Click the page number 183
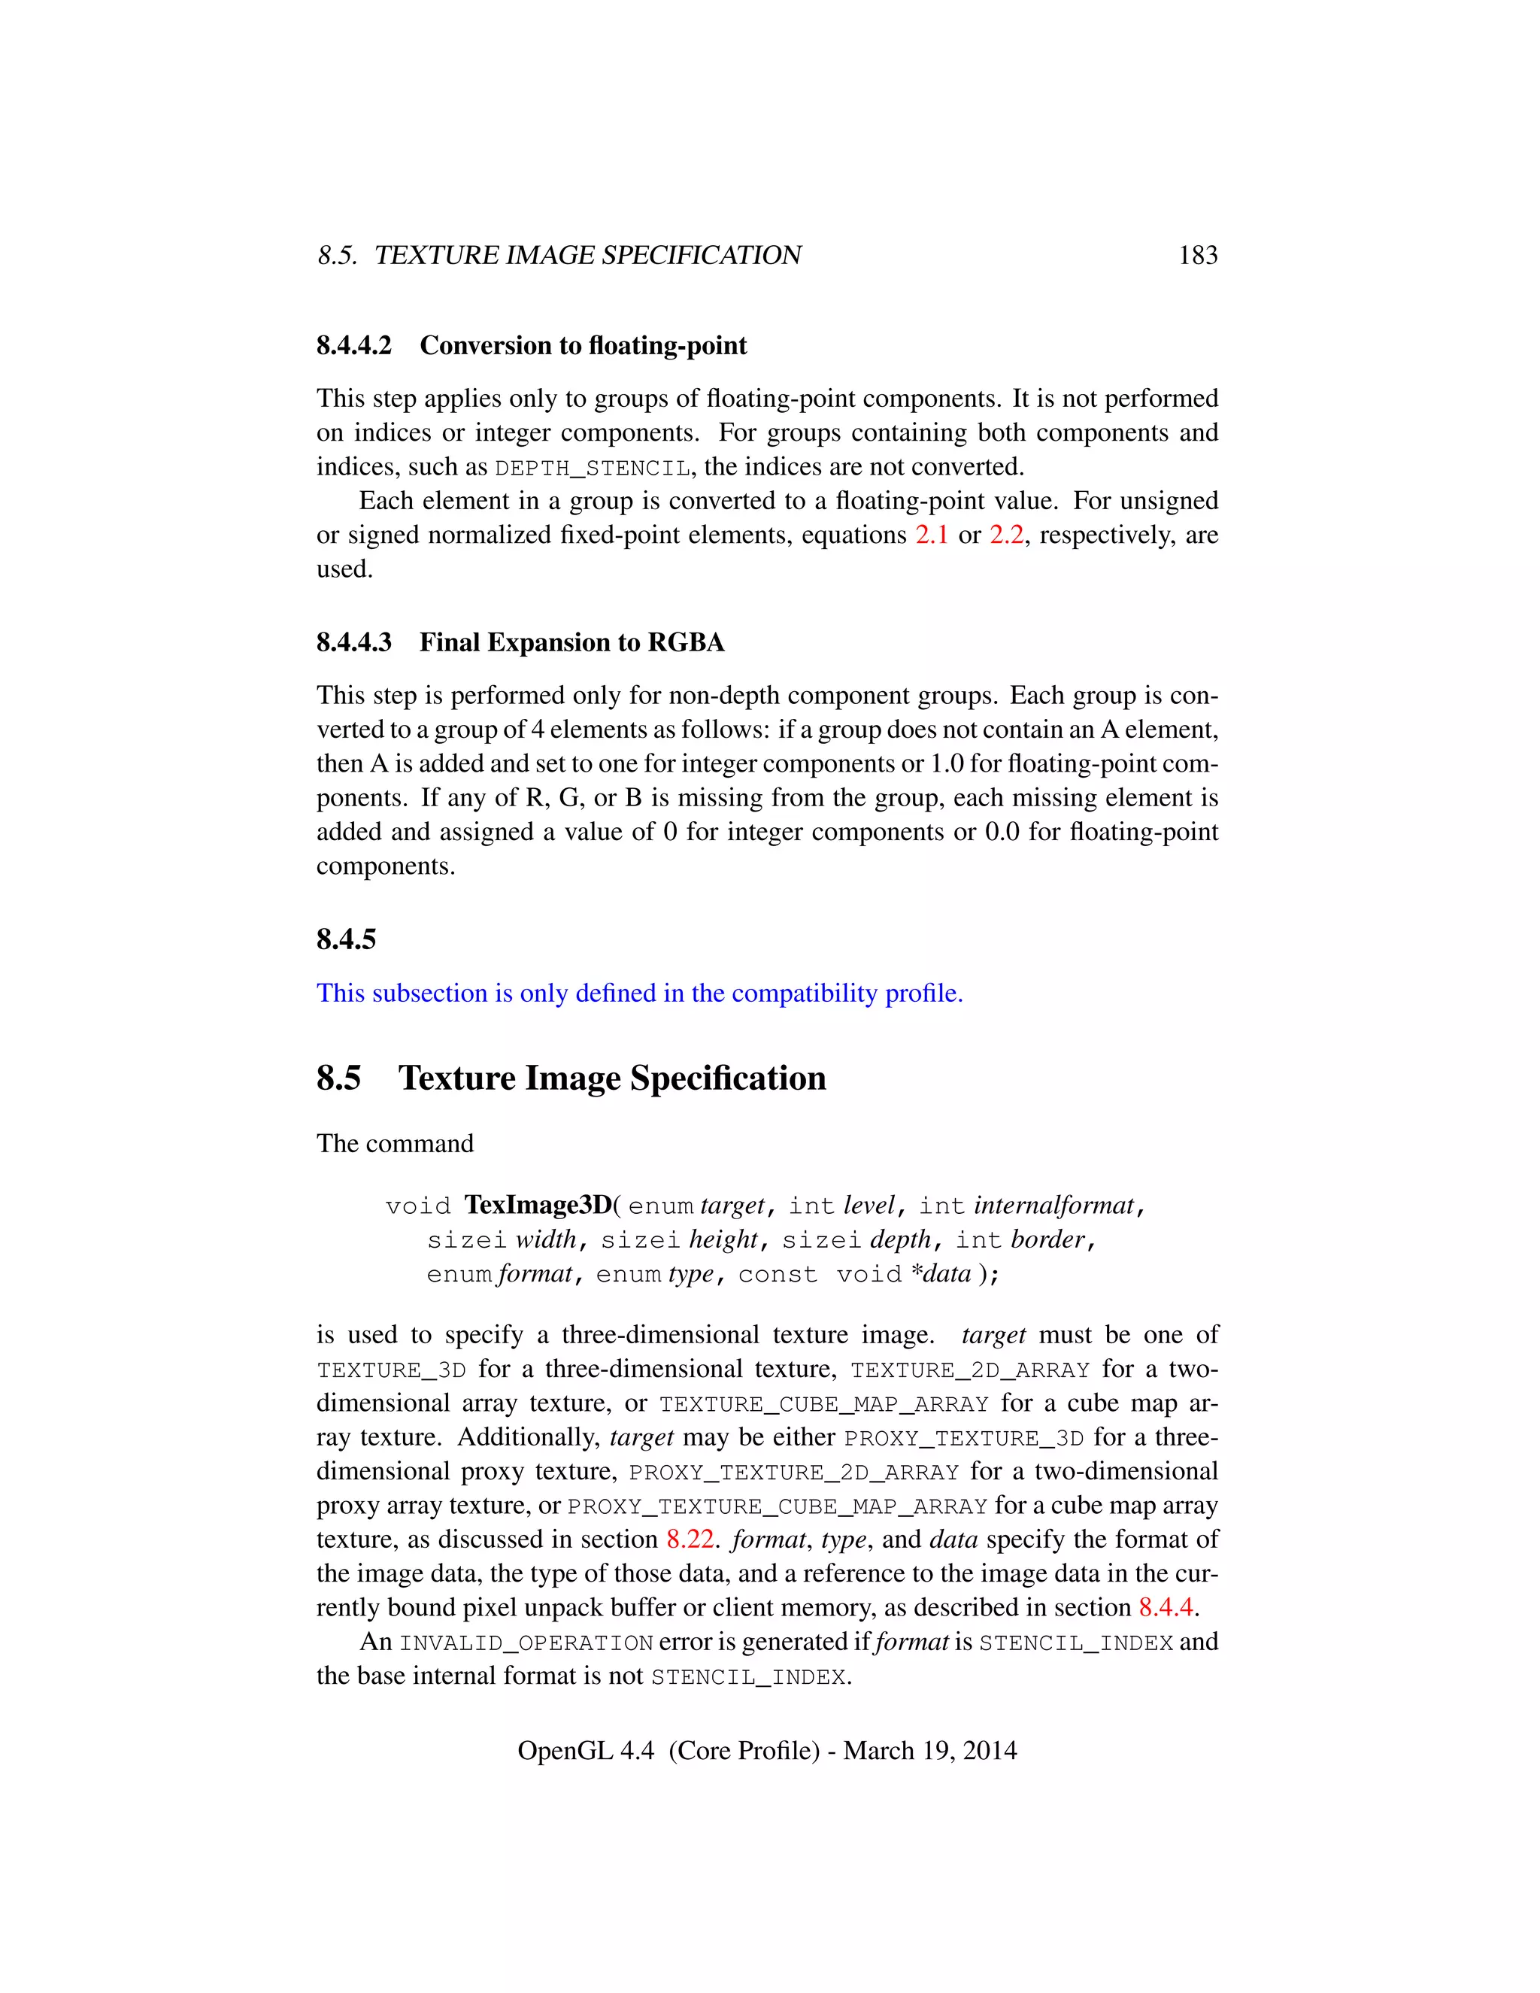tap(1197, 256)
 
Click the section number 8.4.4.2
tap(354, 346)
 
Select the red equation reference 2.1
tap(932, 535)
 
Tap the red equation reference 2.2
tap(1005, 535)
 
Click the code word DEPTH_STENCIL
tap(592, 468)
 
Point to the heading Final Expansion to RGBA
tap(571, 642)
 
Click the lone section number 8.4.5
tap(346, 939)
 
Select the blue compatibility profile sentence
tap(640, 993)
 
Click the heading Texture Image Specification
tap(611, 1078)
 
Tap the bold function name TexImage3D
tap(538, 1206)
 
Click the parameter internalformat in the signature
tap(1053, 1206)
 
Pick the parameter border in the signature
tap(1047, 1240)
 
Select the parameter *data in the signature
tap(941, 1274)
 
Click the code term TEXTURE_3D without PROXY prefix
tap(391, 1370)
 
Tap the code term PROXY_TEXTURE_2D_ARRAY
tap(794, 1473)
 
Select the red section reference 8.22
tap(690, 1540)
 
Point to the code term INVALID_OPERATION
tap(526, 1643)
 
